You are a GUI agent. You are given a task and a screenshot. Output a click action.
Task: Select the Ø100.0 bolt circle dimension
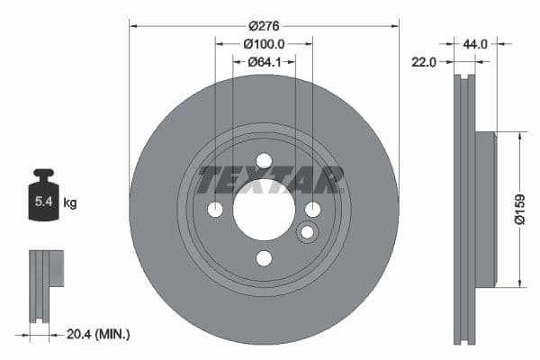[264, 43]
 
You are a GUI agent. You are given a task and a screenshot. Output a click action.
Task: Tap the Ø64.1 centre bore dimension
[264, 61]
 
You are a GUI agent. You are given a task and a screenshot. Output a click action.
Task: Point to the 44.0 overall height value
[475, 43]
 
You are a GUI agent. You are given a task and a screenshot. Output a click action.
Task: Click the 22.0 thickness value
[425, 61]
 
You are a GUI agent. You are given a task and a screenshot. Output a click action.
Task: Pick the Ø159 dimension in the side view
[519, 209]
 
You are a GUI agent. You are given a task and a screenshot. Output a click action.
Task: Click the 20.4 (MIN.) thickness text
[100, 334]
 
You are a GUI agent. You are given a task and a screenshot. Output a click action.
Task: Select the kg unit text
[70, 203]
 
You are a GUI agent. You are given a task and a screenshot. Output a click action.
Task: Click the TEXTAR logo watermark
[271, 180]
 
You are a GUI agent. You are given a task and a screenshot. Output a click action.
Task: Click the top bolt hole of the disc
[264, 161]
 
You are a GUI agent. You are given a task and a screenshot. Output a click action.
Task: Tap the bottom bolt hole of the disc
[264, 258]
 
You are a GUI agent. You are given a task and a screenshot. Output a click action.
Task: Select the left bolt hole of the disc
[215, 210]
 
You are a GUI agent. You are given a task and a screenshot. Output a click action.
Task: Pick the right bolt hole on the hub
[312, 210]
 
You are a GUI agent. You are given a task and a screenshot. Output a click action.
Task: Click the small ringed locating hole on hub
[307, 232]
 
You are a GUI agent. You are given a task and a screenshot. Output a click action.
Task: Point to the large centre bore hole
[264, 210]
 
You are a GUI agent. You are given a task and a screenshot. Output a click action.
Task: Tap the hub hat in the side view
[484, 209]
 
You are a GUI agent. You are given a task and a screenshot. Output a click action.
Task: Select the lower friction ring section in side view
[465, 315]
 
